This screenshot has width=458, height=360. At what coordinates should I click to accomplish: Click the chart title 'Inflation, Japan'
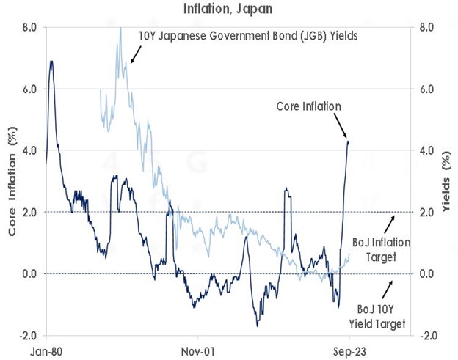[228, 10]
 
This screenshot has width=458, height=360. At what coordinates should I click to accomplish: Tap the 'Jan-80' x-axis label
[46, 350]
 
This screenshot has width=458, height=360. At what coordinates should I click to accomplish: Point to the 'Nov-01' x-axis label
[198, 350]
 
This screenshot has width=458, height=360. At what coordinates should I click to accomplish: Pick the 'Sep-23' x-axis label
[349, 350]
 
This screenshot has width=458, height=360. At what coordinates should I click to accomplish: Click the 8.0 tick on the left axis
[29, 27]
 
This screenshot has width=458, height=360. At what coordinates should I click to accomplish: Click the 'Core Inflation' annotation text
[308, 106]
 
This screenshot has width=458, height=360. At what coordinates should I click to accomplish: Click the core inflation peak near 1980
[51, 62]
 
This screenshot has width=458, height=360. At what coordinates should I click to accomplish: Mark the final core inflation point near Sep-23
[348, 142]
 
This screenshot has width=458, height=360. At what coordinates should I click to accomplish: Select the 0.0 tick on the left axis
[29, 273]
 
